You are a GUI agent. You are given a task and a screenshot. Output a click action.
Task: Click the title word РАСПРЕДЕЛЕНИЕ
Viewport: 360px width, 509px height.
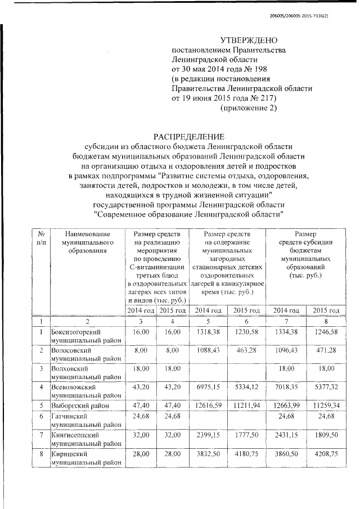(189, 136)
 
